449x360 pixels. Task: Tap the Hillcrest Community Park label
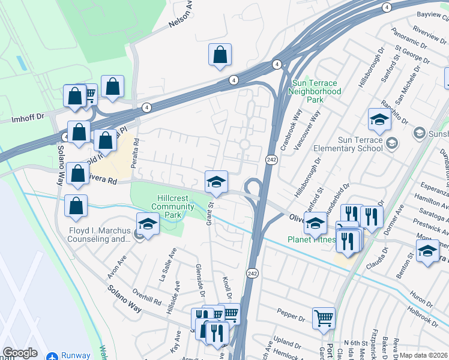[172, 206]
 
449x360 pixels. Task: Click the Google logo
[20, 353]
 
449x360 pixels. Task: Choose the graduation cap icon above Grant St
[216, 181]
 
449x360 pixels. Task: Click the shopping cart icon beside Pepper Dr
[324, 318]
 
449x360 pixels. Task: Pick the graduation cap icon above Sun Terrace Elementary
[379, 120]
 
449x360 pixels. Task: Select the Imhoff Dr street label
[24, 119]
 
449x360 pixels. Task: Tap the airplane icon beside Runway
[52, 356]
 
